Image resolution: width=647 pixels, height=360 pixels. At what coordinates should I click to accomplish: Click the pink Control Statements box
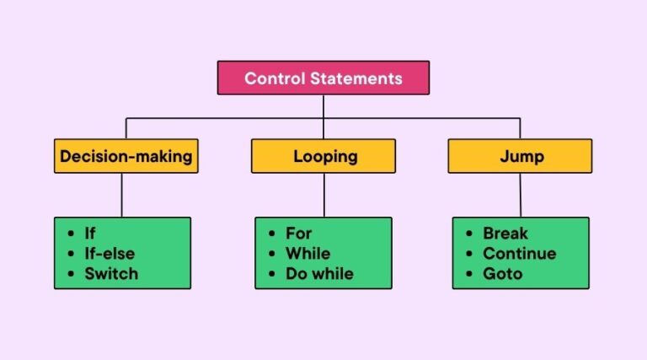tap(323, 78)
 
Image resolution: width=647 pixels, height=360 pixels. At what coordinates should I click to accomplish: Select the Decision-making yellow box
tap(126, 156)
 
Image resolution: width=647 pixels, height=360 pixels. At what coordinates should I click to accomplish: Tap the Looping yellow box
tap(323, 156)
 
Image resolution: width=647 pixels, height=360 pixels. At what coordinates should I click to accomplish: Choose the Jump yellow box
tap(520, 156)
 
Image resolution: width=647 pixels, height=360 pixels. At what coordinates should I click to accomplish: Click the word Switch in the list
tap(111, 274)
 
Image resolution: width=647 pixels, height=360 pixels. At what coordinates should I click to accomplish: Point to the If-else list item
tap(110, 254)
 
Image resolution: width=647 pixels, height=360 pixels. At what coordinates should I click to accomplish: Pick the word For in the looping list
tap(299, 234)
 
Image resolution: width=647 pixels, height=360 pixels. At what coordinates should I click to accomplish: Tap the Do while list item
tap(320, 274)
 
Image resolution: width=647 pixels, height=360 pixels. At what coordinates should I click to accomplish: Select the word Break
tap(505, 234)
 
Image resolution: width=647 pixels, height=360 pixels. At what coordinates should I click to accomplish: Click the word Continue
tap(520, 254)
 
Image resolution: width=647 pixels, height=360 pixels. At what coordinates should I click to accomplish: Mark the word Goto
tap(503, 274)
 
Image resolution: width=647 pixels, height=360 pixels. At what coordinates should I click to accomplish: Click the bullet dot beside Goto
tap(469, 274)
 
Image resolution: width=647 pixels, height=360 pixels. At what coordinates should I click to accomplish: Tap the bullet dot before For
tap(271, 234)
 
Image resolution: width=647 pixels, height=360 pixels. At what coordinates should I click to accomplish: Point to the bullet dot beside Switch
tap(71, 274)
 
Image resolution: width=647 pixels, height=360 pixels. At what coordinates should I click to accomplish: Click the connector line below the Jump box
tap(521, 196)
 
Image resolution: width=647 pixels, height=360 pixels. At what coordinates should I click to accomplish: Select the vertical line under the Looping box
tap(323, 196)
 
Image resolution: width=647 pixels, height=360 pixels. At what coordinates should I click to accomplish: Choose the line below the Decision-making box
tap(121, 196)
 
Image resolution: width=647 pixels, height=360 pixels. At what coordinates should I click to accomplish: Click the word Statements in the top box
tap(356, 78)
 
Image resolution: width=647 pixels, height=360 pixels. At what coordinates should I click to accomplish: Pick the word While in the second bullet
tap(308, 254)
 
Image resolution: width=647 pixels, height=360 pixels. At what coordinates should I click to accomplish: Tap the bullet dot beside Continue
tap(469, 254)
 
